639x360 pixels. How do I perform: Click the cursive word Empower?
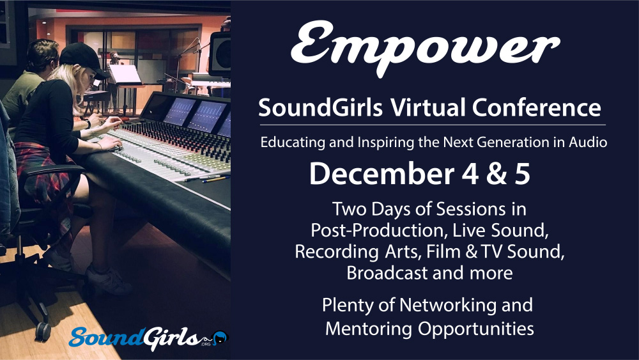pyautogui.click(x=426, y=47)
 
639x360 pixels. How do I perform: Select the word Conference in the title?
pyautogui.click(x=537, y=107)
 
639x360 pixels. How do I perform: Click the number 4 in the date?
pyautogui.click(x=470, y=174)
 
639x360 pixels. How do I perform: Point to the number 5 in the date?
pyautogui.click(x=523, y=174)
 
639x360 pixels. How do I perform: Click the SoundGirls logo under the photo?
pyautogui.click(x=149, y=338)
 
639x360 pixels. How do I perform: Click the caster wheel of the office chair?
pyautogui.click(x=42, y=331)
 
